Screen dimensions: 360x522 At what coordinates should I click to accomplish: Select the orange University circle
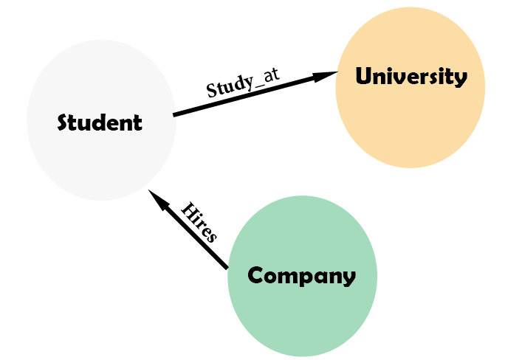click(x=411, y=118)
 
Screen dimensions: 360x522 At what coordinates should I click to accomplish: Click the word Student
click(x=100, y=122)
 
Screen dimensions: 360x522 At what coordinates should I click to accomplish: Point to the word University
click(x=411, y=77)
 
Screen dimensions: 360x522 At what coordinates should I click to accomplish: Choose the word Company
click(x=302, y=276)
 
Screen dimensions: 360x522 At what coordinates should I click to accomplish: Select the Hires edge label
click(x=199, y=222)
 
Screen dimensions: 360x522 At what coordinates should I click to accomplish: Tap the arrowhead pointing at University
click(x=329, y=74)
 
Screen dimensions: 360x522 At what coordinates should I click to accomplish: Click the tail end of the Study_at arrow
click(x=175, y=114)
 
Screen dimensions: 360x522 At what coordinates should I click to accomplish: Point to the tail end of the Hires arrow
click(x=226, y=266)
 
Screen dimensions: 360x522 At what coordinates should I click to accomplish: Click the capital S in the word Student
click(x=64, y=122)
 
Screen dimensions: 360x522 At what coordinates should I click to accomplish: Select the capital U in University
click(x=363, y=77)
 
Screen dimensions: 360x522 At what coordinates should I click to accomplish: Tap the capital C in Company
click(x=255, y=276)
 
